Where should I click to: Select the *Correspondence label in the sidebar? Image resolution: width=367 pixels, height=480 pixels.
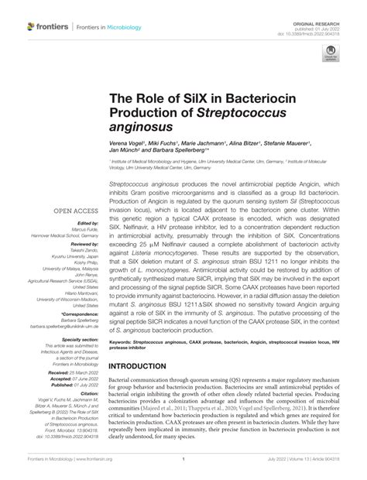click(x=75, y=310)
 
